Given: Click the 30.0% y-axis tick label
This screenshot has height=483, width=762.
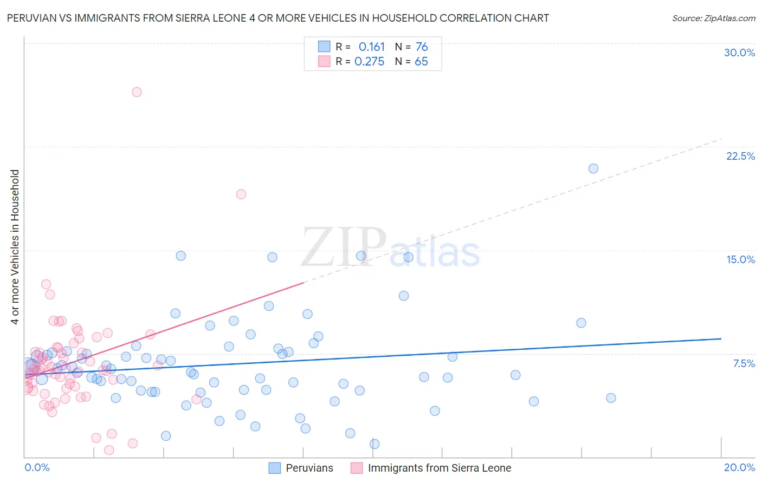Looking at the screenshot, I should point(739,53).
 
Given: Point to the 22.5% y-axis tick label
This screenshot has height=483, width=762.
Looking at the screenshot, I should point(740,156).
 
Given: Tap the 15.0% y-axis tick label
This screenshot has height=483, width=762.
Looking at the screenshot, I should point(740,259).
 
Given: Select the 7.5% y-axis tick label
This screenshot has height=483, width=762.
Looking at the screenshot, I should point(744,363).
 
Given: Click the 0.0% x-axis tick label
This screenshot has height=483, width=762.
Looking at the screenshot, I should point(37,467).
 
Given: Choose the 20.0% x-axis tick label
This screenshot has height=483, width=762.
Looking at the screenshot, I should point(739,467).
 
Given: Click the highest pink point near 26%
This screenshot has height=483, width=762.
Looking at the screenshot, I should point(137,92).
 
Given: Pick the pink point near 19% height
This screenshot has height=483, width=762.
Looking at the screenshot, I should point(241,194).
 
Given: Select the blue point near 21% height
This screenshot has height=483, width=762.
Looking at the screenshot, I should point(593,168).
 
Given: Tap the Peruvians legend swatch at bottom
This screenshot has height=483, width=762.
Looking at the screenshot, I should point(275,468).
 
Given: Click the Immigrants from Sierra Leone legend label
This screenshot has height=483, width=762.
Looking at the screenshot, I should point(439,468).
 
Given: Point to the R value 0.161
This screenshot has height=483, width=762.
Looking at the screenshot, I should point(371,47).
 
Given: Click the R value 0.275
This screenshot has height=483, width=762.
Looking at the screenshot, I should point(369,62).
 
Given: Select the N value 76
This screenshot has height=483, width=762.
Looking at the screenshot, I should point(422,47).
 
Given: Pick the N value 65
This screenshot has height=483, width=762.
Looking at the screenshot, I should point(421,62).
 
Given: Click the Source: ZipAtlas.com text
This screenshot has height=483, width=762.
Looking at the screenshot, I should point(713,18).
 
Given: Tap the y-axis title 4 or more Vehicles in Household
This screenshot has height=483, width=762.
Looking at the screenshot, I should point(15,247).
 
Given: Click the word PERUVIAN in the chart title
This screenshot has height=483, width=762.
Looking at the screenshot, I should point(31,18).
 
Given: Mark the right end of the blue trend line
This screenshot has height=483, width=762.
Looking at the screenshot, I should point(721,338).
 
